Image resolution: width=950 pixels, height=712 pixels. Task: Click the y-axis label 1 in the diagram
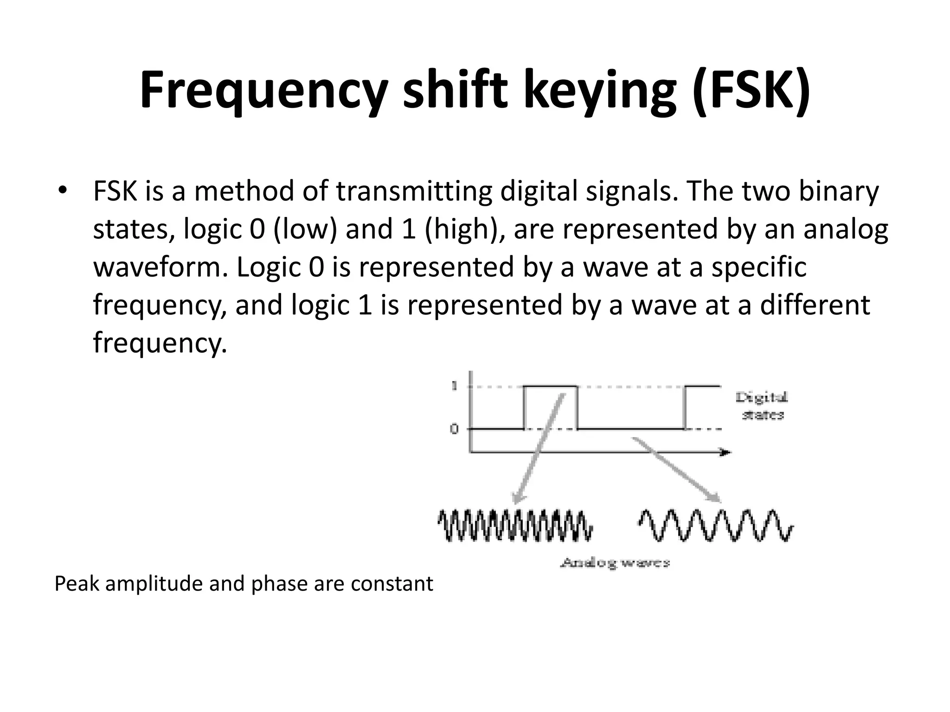[x=454, y=386]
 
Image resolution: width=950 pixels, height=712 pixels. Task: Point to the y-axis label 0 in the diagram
[x=454, y=429]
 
